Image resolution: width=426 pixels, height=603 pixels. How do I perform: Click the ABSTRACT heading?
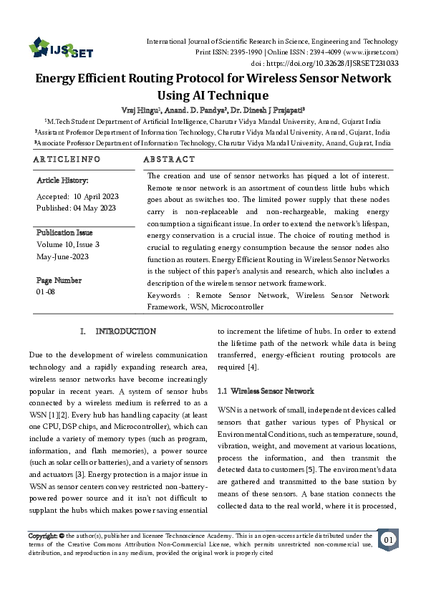[x=169, y=159]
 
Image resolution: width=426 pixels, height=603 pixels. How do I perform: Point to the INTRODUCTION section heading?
[x=126, y=332]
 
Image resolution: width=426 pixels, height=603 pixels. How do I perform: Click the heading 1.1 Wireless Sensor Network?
[x=266, y=391]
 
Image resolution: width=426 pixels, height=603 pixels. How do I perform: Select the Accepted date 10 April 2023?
[x=77, y=196]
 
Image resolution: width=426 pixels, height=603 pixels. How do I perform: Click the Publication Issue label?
[x=64, y=233]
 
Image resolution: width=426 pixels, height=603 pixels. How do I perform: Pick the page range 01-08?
[x=46, y=292]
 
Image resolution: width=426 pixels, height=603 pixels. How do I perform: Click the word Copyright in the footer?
[x=42, y=536]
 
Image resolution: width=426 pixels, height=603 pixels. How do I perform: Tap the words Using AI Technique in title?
[x=213, y=95]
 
